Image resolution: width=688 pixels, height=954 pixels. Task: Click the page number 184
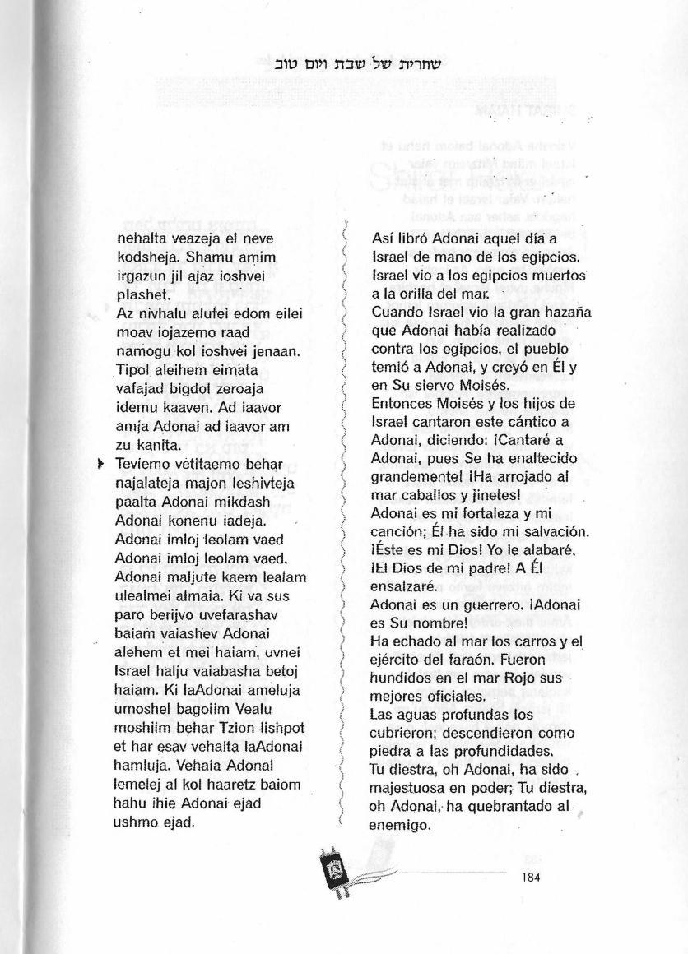click(x=530, y=877)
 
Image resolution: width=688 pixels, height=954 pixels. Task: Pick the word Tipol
click(x=136, y=369)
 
